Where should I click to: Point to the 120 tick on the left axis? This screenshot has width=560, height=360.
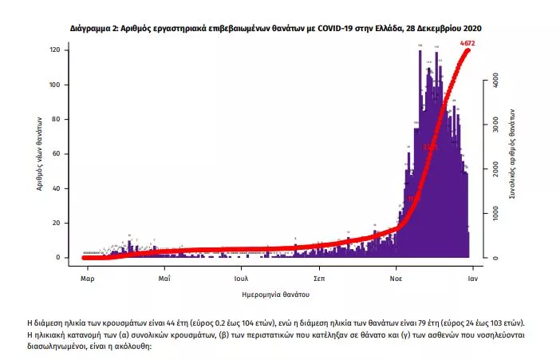(x=56, y=50)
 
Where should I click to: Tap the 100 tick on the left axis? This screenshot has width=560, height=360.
(x=56, y=85)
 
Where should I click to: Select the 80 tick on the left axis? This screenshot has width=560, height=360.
(x=57, y=119)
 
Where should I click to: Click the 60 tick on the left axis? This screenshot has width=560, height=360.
(x=57, y=154)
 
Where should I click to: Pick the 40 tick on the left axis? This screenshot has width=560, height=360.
(x=57, y=188)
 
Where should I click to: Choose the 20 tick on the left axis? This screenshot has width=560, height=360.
(x=57, y=223)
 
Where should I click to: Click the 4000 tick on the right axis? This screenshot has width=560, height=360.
(x=495, y=81)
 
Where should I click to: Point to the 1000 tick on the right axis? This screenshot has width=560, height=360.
(x=495, y=214)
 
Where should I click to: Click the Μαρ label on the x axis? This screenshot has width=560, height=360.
(x=88, y=280)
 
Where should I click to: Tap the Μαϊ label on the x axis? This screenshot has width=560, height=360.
(x=164, y=280)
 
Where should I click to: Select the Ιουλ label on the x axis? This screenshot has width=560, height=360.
(x=241, y=280)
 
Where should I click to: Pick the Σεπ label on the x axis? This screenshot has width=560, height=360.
(x=318, y=280)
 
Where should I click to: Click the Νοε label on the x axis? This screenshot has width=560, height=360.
(x=396, y=280)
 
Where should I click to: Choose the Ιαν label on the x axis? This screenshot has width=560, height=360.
(x=472, y=280)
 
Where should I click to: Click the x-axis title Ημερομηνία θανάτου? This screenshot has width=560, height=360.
(x=279, y=295)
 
